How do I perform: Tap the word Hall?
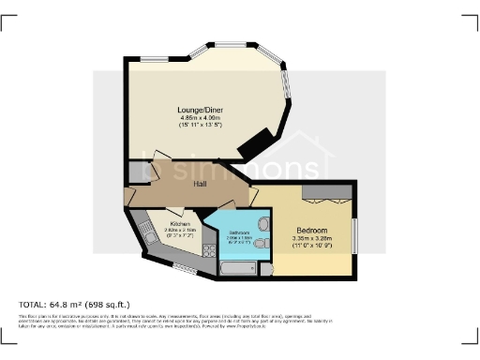[200, 184]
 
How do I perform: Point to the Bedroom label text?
[312, 230]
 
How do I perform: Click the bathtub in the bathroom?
[235, 268]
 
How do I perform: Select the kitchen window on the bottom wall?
[183, 271]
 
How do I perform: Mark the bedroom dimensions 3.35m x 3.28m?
[312, 239]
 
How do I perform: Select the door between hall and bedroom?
[255, 195]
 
